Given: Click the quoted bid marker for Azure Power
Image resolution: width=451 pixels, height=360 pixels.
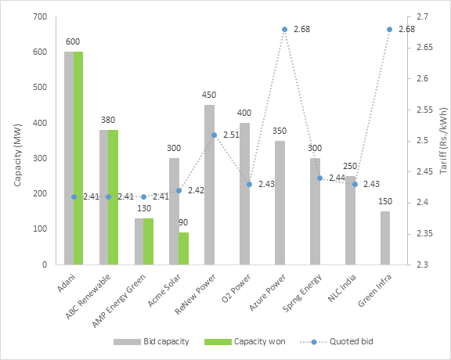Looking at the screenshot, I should (x=284, y=30).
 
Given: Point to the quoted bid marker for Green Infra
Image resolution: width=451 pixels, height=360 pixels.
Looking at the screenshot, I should (x=389, y=30).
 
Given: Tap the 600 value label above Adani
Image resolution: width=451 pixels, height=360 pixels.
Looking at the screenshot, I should (x=73, y=41).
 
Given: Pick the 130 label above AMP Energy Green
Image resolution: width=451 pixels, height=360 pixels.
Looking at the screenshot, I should (x=143, y=208).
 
